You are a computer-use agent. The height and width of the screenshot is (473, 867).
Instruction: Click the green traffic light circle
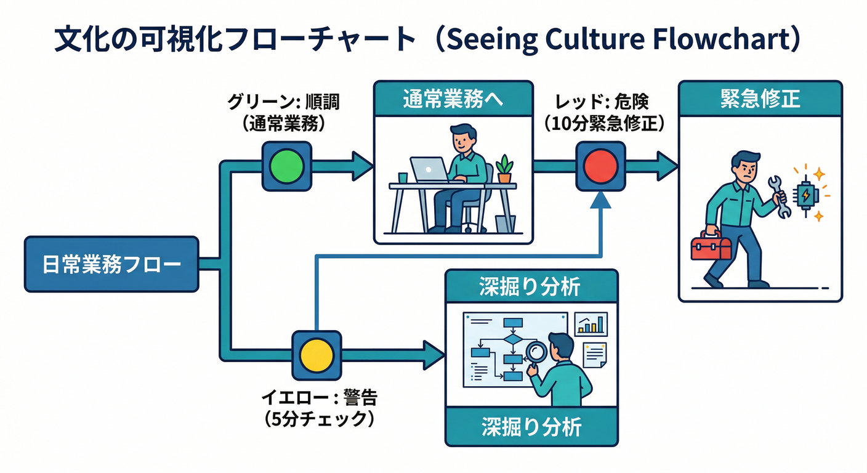click(x=287, y=166)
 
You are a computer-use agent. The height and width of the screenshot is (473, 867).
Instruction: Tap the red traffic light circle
click(x=600, y=166)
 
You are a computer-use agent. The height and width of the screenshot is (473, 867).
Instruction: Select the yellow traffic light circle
click(x=316, y=355)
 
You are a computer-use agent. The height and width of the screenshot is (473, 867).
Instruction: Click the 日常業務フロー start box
click(x=111, y=264)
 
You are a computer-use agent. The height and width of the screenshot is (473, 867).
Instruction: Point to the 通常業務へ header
click(x=453, y=99)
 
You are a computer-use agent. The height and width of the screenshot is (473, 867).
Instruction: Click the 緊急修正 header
click(x=760, y=99)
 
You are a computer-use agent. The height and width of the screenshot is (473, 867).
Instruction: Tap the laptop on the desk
click(x=429, y=170)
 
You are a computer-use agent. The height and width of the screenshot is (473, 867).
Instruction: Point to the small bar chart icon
click(x=591, y=324)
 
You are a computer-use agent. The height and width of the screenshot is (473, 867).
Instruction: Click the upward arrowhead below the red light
click(x=600, y=201)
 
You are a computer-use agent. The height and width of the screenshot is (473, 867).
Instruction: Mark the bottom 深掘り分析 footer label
click(x=531, y=427)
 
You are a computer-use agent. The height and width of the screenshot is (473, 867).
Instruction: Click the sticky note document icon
click(x=594, y=355)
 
